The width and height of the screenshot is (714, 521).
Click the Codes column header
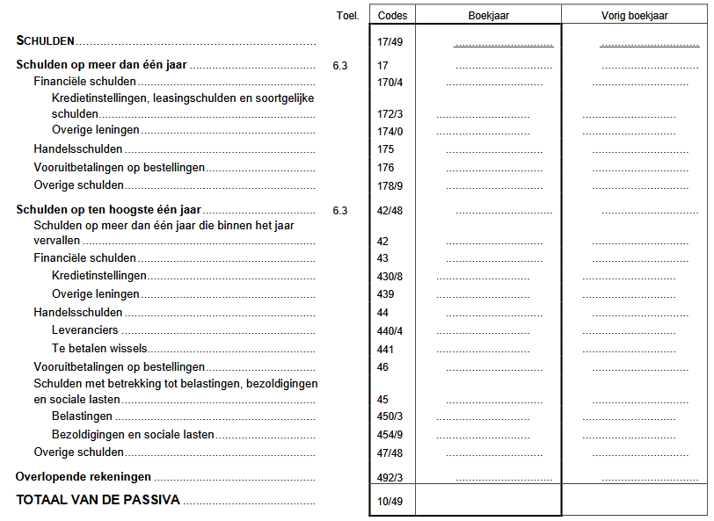click(x=392, y=16)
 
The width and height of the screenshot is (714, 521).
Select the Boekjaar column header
click(x=488, y=16)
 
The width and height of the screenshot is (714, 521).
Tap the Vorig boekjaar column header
click(x=634, y=16)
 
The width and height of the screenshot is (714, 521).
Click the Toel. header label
click(x=346, y=16)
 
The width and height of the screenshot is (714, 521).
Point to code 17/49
click(x=389, y=41)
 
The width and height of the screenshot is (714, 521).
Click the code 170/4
click(x=389, y=83)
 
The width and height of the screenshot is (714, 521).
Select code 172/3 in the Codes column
click(x=389, y=115)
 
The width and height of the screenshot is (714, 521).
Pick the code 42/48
click(x=389, y=211)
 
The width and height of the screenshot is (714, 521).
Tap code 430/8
click(x=389, y=277)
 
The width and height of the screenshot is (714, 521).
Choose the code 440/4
click(x=389, y=331)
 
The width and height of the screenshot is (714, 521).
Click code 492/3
click(x=389, y=478)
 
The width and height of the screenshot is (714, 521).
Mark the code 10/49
click(x=389, y=501)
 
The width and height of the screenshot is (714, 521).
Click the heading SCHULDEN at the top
click(x=45, y=41)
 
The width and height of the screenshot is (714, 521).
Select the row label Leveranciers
click(x=84, y=331)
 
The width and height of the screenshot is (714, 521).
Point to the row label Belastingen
click(x=82, y=416)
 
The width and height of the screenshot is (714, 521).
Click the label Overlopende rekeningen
click(x=84, y=477)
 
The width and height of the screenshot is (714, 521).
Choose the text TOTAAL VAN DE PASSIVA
click(x=98, y=501)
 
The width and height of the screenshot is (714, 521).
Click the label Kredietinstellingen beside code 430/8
click(x=98, y=277)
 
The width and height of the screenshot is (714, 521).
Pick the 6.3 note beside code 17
click(x=340, y=66)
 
